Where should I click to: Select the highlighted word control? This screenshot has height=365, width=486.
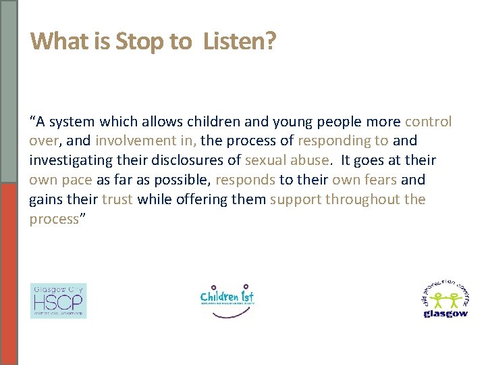point(428,122)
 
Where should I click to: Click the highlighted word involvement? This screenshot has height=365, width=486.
point(134,141)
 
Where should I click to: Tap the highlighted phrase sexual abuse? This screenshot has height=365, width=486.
point(288,161)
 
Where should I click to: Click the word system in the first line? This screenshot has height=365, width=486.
point(73,122)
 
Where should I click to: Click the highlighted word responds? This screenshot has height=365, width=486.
point(246,180)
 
